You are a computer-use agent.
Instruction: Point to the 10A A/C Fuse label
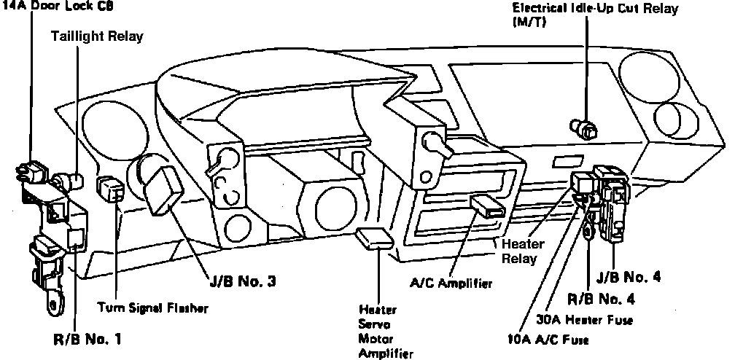[548, 339]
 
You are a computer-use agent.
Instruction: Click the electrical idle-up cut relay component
[586, 128]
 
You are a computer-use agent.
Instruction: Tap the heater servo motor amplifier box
[377, 237]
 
